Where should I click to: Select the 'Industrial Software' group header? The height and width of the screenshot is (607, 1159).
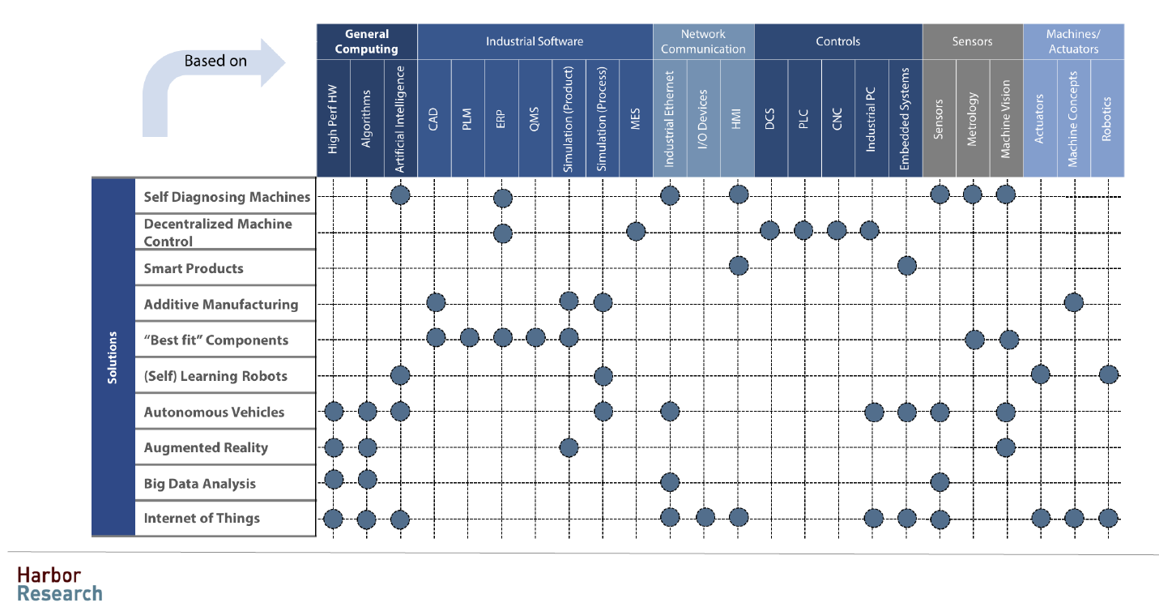click(535, 41)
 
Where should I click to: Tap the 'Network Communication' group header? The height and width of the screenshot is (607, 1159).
click(703, 41)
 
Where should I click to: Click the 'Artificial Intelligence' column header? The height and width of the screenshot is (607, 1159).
click(400, 118)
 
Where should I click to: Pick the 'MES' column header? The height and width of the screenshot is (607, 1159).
click(636, 118)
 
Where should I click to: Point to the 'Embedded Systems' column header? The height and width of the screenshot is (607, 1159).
click(905, 118)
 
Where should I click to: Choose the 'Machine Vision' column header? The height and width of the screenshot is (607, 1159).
click(1006, 118)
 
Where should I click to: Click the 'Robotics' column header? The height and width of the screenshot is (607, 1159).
click(1107, 118)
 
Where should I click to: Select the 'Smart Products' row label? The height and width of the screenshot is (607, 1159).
click(194, 268)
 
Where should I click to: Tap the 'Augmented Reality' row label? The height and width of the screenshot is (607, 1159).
click(206, 447)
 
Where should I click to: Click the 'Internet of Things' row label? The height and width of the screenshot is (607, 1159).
click(202, 518)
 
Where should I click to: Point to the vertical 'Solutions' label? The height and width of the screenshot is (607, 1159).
click(113, 357)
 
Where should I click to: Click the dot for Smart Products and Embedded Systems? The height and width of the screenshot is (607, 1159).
click(906, 265)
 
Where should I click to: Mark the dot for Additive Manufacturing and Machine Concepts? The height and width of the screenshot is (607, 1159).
click(1074, 302)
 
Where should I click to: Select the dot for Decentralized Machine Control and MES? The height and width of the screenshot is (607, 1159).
click(636, 232)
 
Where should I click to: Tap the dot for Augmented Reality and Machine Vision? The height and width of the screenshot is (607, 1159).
click(1005, 447)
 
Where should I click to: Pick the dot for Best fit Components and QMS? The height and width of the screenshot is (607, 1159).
click(535, 337)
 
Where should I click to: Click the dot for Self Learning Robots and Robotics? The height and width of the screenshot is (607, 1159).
click(1109, 374)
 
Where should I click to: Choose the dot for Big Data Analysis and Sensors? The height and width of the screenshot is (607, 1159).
click(940, 482)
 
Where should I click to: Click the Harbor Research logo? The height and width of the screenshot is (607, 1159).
click(60, 584)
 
